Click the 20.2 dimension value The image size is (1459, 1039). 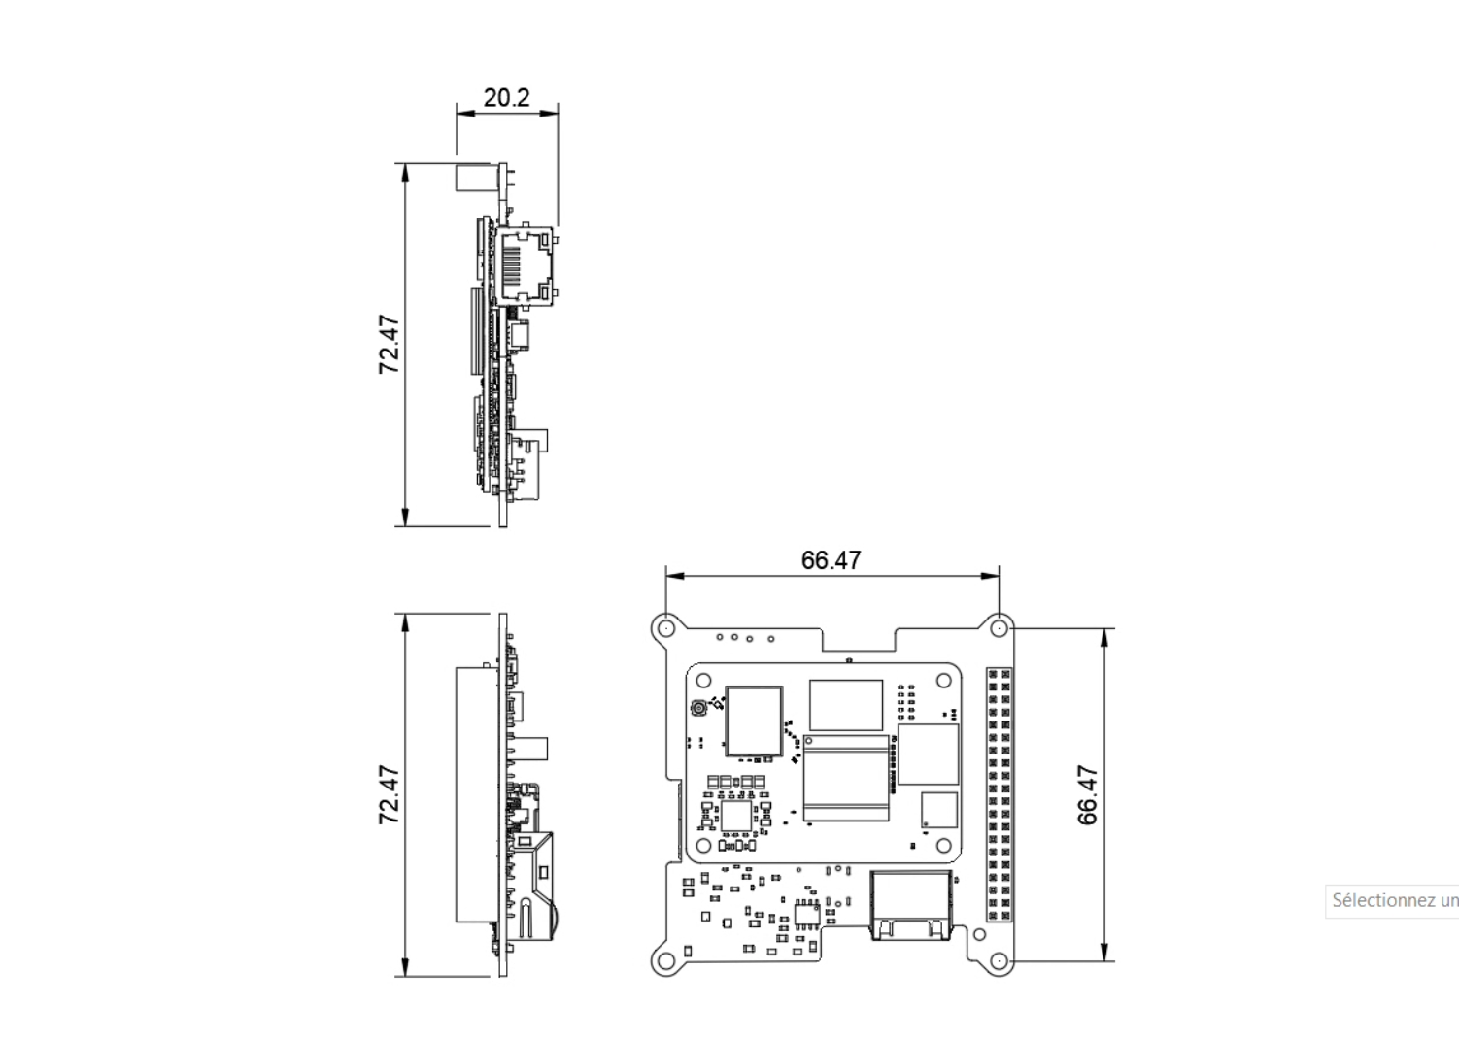click(506, 97)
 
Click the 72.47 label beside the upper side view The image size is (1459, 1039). click(390, 345)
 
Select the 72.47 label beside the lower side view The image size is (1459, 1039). click(389, 794)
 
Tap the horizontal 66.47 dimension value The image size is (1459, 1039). click(831, 560)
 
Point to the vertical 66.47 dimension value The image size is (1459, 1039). click(1088, 795)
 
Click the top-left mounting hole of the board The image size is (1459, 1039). click(665, 628)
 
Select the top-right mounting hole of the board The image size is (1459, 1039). click(999, 628)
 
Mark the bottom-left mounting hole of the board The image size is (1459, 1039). click(665, 961)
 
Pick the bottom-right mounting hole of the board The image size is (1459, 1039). click(999, 961)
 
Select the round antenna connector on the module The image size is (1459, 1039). click(697, 710)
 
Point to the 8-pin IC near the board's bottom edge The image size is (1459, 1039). click(806, 913)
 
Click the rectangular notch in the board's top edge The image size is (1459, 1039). click(859, 637)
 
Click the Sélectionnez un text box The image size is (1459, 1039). click(1392, 900)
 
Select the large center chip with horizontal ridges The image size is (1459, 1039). click(845, 779)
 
